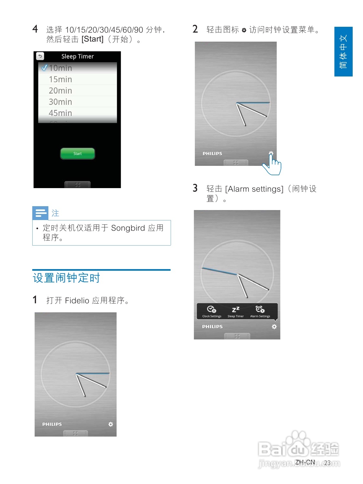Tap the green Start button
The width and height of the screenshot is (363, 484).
click(77, 154)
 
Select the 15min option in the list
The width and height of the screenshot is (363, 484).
click(60, 79)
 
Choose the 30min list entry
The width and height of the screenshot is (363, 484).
click(60, 102)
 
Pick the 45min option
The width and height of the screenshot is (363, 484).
click(60, 113)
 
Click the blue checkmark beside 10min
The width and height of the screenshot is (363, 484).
click(44, 68)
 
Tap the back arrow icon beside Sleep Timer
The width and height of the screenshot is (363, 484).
click(40, 56)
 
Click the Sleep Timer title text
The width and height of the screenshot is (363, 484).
click(77, 56)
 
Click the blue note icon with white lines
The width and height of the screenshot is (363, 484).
click(40, 213)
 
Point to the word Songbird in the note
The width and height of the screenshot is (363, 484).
click(128, 228)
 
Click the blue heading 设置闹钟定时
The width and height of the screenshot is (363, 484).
click(66, 278)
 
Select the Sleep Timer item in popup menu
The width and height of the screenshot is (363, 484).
click(236, 311)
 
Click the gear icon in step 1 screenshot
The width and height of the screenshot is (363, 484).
click(111, 424)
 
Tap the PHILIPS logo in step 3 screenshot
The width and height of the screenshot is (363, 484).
click(212, 327)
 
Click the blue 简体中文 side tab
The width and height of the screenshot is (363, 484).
click(343, 52)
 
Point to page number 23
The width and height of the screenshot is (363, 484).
click(327, 463)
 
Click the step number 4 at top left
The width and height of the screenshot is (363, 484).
click(35, 29)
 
